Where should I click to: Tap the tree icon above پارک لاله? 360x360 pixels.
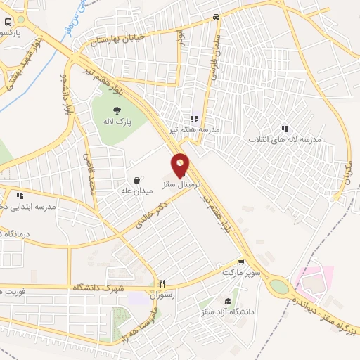point(116,110)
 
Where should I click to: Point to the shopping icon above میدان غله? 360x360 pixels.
point(136,179)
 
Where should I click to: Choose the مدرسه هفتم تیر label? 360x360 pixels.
point(194,129)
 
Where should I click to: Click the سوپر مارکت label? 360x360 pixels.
point(242,271)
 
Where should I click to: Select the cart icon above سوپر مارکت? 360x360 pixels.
point(241,261)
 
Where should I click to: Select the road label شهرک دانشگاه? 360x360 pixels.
point(101,288)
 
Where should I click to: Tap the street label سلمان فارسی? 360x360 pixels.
point(211,56)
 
